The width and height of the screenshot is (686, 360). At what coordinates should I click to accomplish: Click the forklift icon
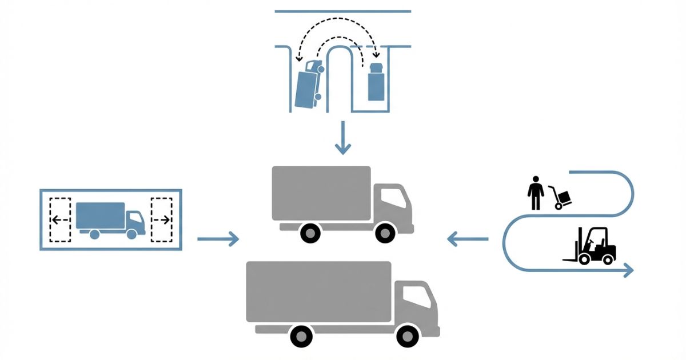[x=592, y=247]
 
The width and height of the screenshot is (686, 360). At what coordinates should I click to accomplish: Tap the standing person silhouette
[x=536, y=193]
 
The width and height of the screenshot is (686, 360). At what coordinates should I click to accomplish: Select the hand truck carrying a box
[x=560, y=198]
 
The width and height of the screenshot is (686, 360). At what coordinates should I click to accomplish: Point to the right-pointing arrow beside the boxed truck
[x=218, y=239]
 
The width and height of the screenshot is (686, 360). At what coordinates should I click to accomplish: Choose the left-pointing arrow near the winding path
[x=468, y=239]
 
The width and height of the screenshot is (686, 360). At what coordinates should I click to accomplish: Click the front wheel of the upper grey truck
[x=385, y=233]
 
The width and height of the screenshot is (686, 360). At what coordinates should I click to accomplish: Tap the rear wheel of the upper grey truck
[x=310, y=233]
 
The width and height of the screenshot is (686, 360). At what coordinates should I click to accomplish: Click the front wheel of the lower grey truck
[x=407, y=335]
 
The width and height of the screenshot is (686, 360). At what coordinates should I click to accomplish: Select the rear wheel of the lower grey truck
[x=301, y=335]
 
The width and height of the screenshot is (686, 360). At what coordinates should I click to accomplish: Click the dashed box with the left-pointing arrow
[x=60, y=219]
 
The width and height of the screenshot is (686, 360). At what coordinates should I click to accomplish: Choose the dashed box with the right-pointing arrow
[x=161, y=219]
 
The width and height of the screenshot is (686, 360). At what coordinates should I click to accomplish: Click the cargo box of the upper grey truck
[x=321, y=193]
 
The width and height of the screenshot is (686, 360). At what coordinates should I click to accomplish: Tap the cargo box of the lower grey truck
[x=318, y=291]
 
